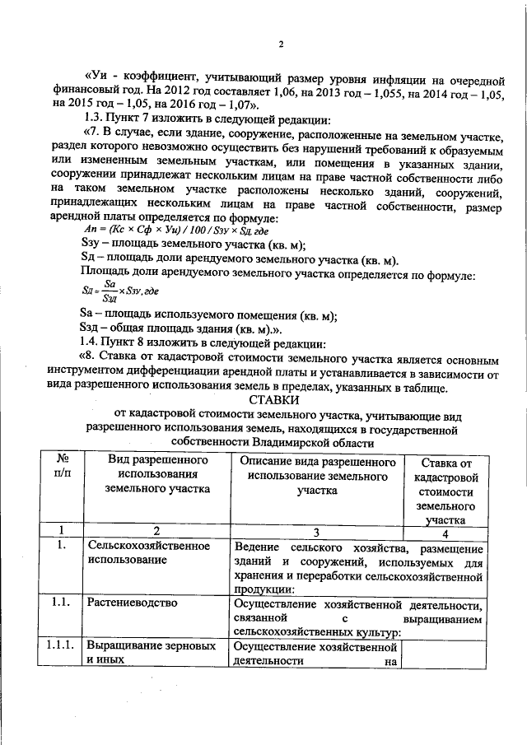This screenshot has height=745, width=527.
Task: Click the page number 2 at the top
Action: coord(281,44)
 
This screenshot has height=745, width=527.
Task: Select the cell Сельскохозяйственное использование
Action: coord(148,552)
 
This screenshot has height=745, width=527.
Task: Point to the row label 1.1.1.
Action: coord(59,645)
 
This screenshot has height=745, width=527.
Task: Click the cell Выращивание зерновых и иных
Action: coord(147,652)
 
